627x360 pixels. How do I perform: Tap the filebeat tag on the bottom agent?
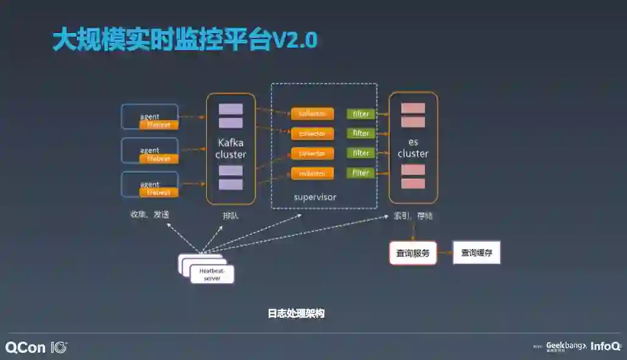(x=159, y=192)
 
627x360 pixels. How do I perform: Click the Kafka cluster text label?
(x=231, y=148)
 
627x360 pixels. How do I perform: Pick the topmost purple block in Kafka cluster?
(x=231, y=109)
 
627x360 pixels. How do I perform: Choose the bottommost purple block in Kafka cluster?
(x=231, y=184)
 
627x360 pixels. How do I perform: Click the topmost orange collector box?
(x=312, y=114)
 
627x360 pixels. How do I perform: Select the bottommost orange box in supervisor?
(x=312, y=173)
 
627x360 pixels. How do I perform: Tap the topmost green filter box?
(x=361, y=114)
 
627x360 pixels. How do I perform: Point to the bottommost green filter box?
(x=361, y=173)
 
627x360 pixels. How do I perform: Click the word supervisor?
(x=315, y=197)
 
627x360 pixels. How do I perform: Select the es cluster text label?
(x=413, y=148)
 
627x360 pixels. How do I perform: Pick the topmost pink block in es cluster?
(x=413, y=108)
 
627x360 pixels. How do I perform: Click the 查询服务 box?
(x=413, y=253)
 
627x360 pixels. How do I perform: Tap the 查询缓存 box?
(x=476, y=253)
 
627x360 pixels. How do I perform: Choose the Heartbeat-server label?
(x=212, y=275)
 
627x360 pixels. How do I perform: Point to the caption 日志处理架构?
(x=296, y=314)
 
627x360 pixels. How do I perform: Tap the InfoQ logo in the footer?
(x=605, y=346)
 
